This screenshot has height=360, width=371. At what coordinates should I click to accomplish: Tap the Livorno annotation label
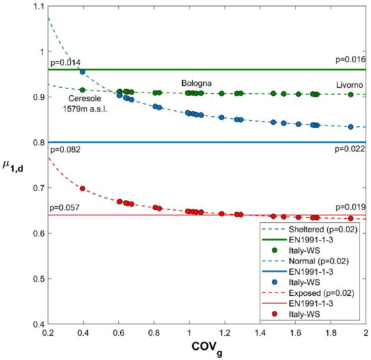[x=349, y=84]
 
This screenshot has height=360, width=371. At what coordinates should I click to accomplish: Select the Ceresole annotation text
[x=83, y=98]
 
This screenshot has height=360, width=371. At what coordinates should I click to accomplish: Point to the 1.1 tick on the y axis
[x=36, y=7]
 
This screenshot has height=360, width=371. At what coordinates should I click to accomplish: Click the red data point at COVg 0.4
[x=82, y=188]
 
